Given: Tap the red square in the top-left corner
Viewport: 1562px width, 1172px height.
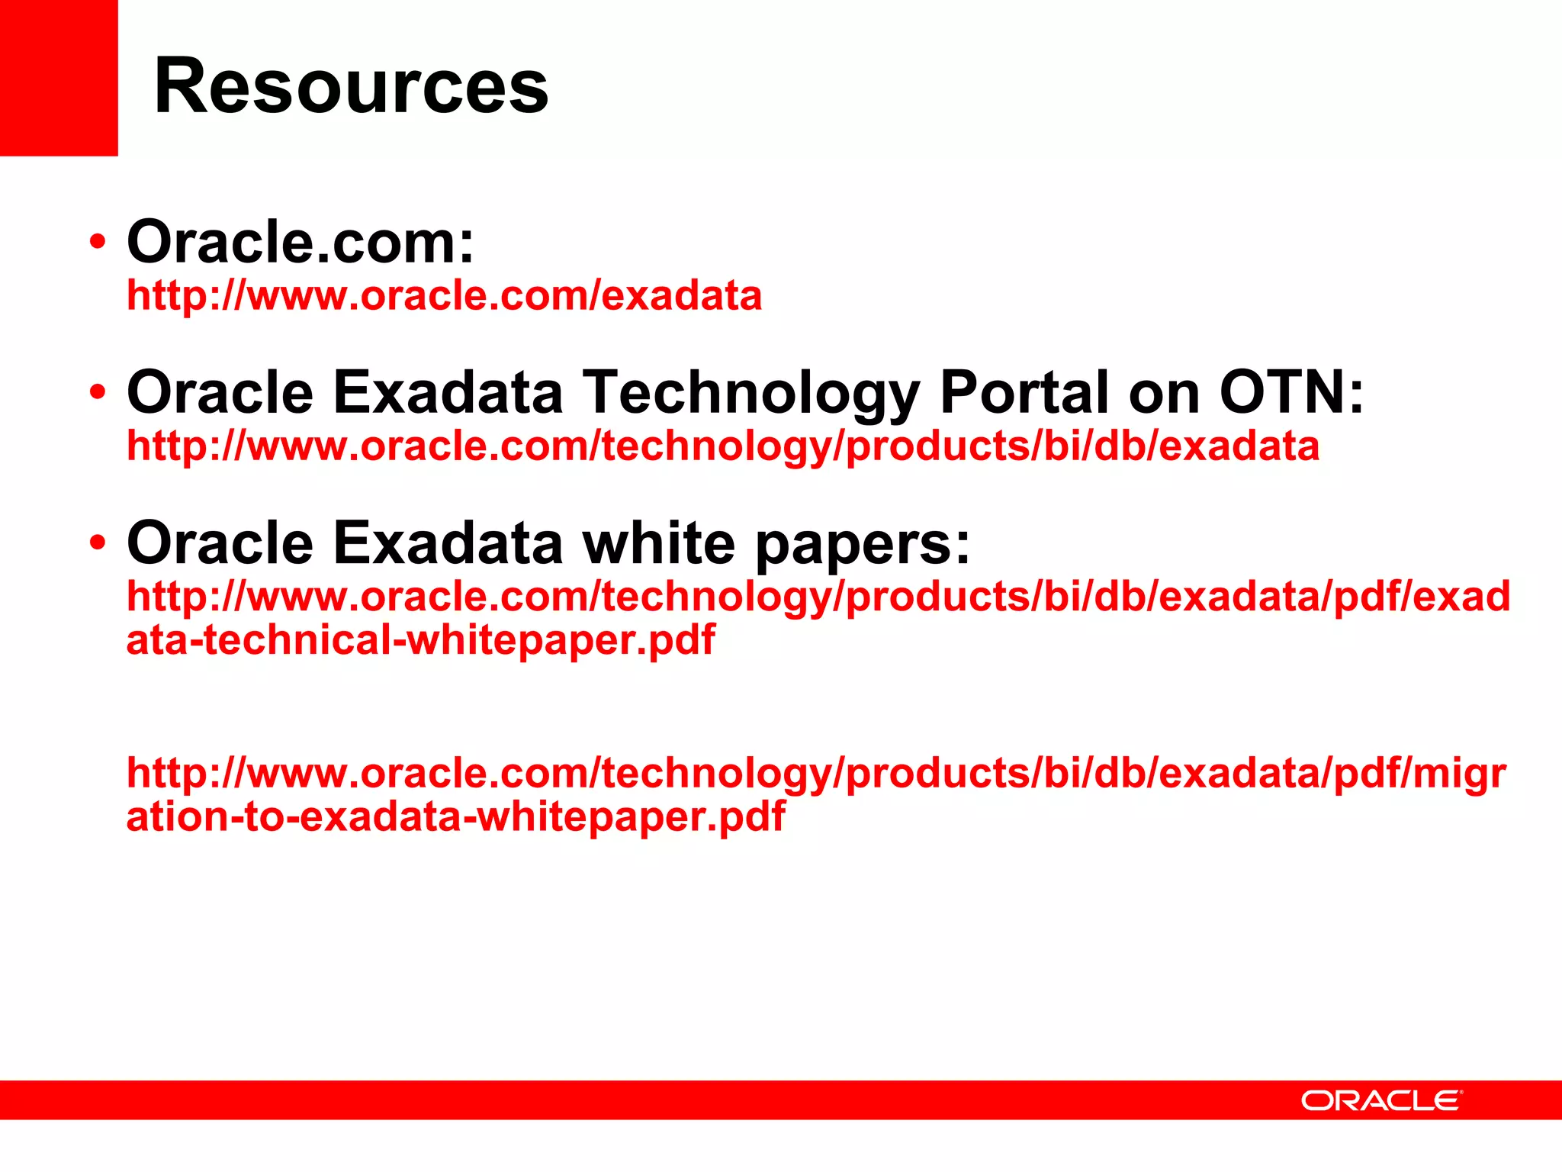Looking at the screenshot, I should (x=59, y=77).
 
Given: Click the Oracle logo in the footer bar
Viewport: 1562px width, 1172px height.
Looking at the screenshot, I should (x=1381, y=1100).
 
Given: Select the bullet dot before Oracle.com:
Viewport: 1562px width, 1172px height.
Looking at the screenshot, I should (x=97, y=242).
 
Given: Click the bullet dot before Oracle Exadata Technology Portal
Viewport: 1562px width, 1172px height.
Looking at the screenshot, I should (x=97, y=392).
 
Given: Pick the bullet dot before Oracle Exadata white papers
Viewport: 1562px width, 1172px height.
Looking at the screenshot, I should (x=97, y=543).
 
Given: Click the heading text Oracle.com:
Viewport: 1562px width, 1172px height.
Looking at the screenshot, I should (x=301, y=242).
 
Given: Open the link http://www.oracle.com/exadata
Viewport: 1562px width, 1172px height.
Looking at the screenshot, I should (x=444, y=295).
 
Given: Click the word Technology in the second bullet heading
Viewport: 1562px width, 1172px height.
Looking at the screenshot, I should (x=751, y=392).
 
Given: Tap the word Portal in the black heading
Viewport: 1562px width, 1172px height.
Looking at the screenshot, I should (x=1024, y=392).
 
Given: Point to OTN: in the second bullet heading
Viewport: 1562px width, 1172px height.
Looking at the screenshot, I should (x=1291, y=392).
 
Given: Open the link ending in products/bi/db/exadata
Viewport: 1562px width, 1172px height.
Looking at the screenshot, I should (x=722, y=446).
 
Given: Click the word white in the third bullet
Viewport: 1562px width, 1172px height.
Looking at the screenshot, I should (x=658, y=543).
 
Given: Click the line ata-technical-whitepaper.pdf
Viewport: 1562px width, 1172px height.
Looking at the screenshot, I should (x=420, y=639).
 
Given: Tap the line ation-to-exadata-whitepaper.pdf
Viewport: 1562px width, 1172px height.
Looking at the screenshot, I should (x=455, y=816).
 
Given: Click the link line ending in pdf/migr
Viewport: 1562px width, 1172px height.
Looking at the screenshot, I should (x=816, y=774).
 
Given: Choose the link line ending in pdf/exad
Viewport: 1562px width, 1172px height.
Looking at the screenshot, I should (x=818, y=596).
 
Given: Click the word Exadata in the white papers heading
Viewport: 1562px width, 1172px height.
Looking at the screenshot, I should (x=448, y=543).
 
